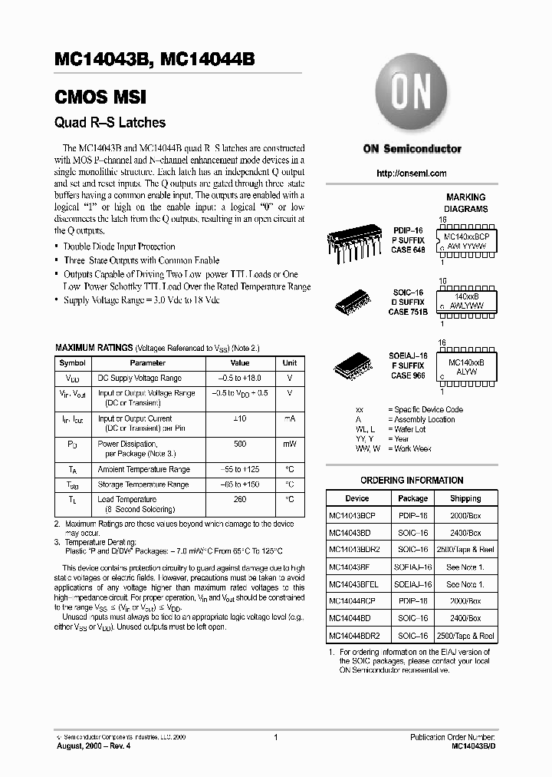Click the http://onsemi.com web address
[412, 174]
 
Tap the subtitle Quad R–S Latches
[110, 122]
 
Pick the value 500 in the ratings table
[240, 444]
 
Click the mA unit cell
[290, 418]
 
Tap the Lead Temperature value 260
[240, 499]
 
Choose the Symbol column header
[73, 362]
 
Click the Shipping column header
[465, 498]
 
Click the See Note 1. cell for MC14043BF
[465, 567]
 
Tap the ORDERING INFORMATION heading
[412, 481]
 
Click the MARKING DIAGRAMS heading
[465, 203]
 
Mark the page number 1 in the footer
[275, 737]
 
